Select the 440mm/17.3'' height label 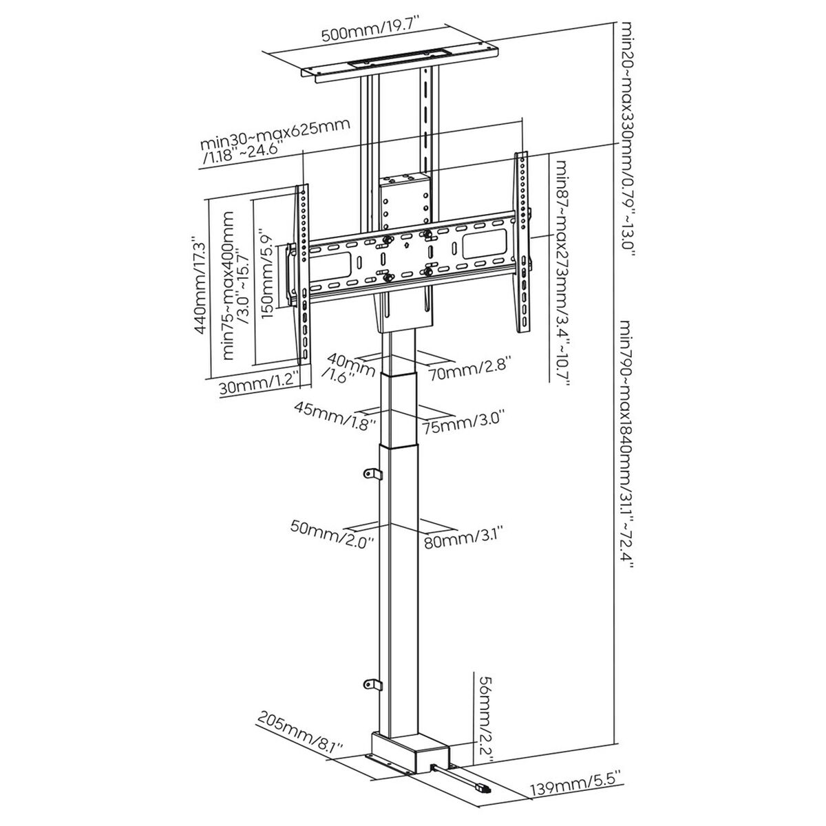[x=200, y=286]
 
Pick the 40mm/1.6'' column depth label [x=343, y=367]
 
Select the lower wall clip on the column [x=371, y=684]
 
